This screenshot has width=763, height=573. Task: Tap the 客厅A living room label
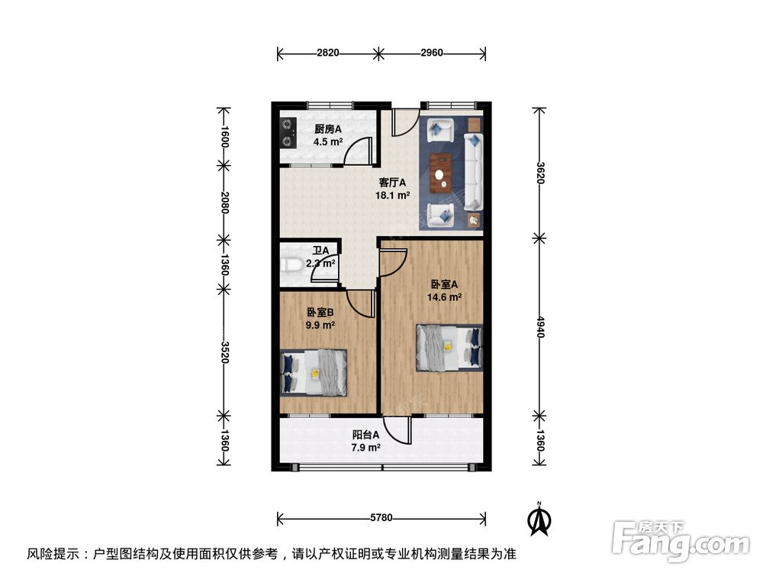pyautogui.click(x=394, y=183)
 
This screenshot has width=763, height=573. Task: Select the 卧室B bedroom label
pyautogui.click(x=321, y=312)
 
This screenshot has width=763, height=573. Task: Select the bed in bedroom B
pyautogui.click(x=314, y=373)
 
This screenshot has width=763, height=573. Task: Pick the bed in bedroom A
pyautogui.click(x=449, y=348)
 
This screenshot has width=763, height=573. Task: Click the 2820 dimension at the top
pyautogui.click(x=328, y=53)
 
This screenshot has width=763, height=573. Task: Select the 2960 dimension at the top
pyautogui.click(x=431, y=53)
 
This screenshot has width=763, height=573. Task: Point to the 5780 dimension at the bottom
pyautogui.click(x=381, y=518)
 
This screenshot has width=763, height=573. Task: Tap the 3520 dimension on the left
pyautogui.click(x=224, y=351)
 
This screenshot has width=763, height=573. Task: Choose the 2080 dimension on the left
pyautogui.click(x=224, y=202)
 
